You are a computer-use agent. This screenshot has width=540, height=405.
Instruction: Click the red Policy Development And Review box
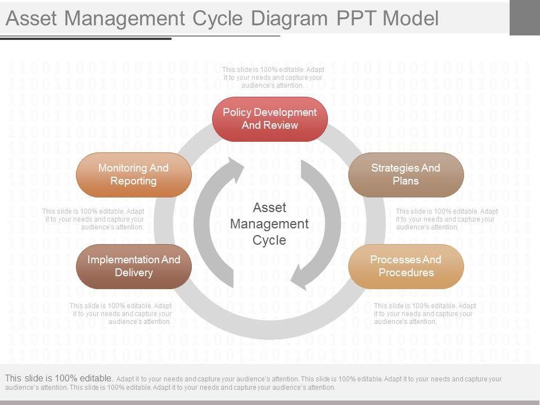coord(270,119)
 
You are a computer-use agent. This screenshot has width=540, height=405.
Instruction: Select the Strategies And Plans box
coord(406,174)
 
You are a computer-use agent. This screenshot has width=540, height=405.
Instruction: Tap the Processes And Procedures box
coord(406,266)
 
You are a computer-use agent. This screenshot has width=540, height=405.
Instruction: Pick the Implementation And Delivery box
coord(134,266)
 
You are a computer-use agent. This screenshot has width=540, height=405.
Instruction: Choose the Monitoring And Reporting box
coord(134,174)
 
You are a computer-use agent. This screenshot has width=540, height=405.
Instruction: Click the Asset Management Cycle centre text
coord(269,224)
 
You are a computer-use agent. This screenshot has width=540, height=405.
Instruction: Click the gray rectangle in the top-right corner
coord(524,17)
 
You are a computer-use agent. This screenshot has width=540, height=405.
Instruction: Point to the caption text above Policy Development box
coord(273,78)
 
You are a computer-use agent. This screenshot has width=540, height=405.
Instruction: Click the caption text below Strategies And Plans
coord(447,219)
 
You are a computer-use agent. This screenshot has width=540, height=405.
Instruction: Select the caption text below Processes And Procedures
coord(425,314)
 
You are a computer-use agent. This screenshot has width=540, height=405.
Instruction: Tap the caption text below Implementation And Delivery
coord(121,314)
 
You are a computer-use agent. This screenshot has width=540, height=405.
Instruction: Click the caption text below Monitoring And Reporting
coord(93,219)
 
